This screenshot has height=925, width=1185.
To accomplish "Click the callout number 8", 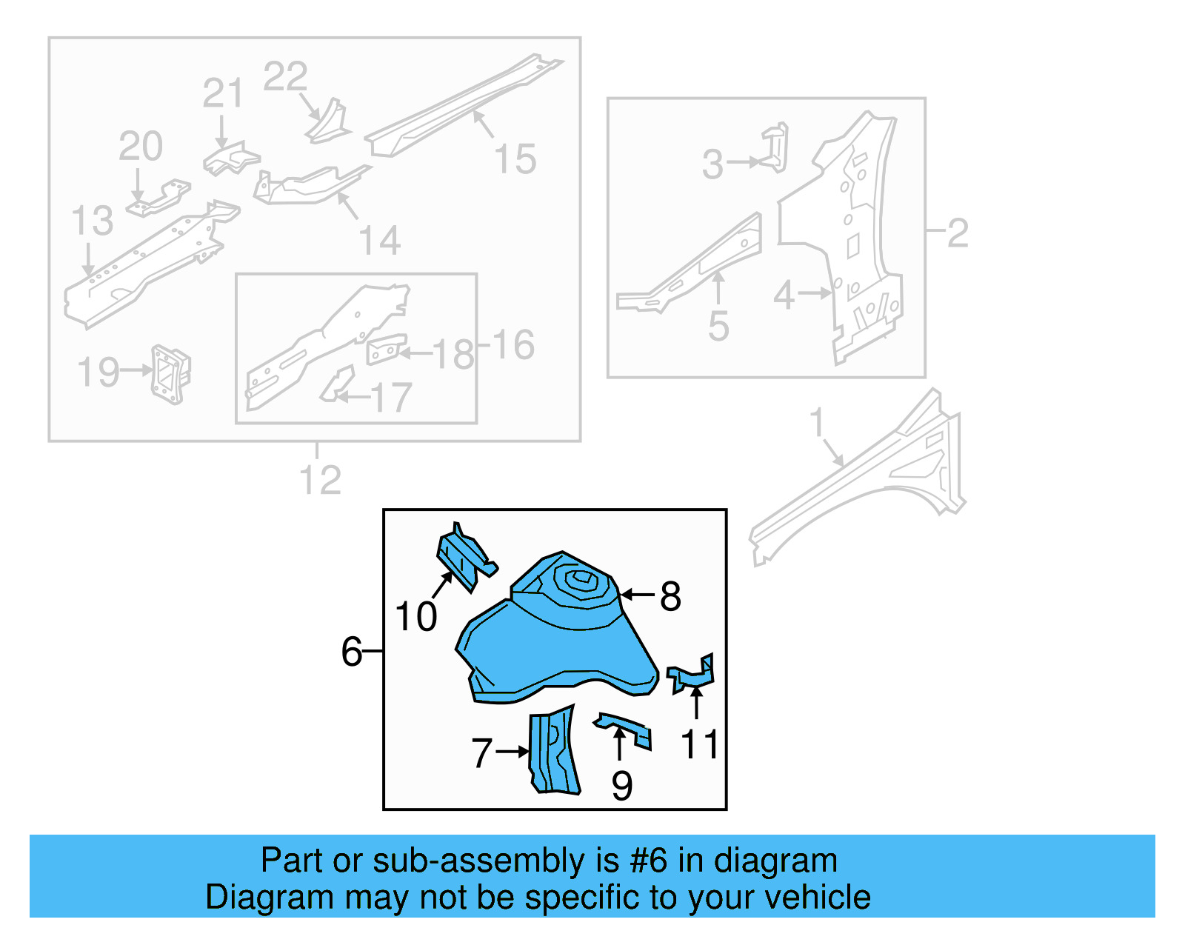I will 670,596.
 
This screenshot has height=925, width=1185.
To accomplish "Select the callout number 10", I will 416,617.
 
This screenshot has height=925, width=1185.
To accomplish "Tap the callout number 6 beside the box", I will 352,652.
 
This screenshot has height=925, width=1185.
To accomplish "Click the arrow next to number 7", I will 513,752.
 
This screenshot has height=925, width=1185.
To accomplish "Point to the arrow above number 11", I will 696,701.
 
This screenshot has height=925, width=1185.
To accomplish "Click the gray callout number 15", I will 515,159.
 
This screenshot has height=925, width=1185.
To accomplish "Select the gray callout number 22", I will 285,77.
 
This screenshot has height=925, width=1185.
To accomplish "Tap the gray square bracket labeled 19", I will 171,374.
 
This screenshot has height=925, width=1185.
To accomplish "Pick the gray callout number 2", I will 958,233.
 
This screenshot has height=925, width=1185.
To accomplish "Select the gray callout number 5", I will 718,326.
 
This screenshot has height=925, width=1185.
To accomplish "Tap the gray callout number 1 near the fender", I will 816,423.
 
